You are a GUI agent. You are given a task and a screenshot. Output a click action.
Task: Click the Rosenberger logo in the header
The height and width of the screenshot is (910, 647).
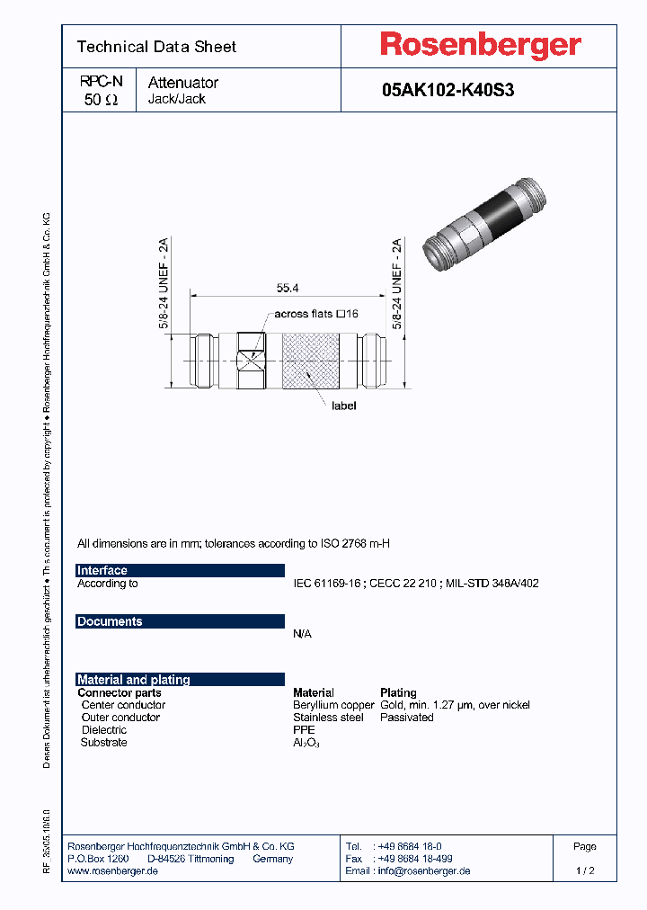pos(480,45)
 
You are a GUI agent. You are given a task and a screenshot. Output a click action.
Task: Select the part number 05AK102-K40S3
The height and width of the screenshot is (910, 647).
pos(448,90)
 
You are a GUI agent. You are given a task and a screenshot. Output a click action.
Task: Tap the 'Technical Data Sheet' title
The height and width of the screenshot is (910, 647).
pos(156,47)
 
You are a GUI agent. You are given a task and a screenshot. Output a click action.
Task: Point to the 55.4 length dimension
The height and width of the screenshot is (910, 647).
pos(288,287)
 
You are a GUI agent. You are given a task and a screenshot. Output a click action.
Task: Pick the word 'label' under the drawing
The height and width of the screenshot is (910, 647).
pos(344,406)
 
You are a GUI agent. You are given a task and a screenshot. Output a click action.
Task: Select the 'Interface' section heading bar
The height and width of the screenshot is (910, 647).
pos(180,570)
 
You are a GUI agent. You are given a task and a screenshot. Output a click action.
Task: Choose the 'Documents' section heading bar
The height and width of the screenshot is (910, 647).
pos(180,621)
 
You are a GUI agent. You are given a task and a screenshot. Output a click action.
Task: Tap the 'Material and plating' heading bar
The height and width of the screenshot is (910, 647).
pos(180,680)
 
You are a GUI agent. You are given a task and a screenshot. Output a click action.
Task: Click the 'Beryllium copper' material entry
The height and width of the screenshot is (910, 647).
pos(333,705)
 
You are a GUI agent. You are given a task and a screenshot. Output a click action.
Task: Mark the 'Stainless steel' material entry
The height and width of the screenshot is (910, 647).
pos(328,718)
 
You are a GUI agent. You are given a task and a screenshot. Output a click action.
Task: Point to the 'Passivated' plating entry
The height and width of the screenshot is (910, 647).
pos(407,718)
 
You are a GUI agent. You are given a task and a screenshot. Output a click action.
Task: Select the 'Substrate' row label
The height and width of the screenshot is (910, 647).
pos(103,743)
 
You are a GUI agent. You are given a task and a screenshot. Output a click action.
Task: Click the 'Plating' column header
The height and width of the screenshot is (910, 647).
pos(398,693)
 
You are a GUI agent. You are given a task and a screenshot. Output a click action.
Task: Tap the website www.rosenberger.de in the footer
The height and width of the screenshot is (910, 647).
pos(113,870)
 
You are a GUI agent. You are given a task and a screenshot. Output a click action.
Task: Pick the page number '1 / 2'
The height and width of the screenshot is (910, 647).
pos(584,870)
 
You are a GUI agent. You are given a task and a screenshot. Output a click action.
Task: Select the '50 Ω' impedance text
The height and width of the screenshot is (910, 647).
pos(101,100)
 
